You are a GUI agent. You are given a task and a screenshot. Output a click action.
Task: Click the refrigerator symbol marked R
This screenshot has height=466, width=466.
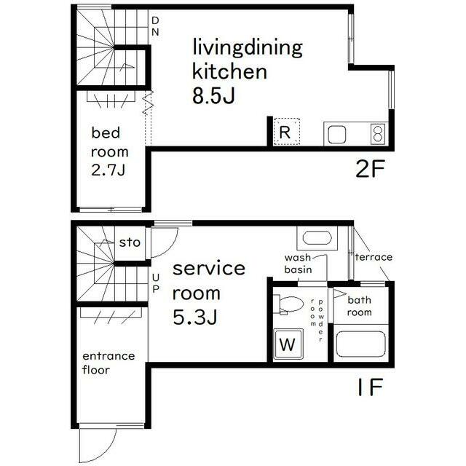pos(286,132)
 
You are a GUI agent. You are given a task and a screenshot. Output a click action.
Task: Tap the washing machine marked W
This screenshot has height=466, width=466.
pos(288,344)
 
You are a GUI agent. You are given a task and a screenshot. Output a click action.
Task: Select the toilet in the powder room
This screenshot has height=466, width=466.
pos(288,304)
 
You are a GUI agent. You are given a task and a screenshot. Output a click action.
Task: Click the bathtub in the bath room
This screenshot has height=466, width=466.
pos(361,344)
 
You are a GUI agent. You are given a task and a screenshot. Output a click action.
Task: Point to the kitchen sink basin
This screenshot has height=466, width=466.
pos(336,135)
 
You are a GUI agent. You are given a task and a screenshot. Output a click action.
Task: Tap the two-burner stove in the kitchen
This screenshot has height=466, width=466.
pos(378,134)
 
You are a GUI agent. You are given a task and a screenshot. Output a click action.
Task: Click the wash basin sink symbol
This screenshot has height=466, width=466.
pos(317,238)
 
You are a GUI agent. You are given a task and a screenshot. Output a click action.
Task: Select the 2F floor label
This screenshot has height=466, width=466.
pos(370,168)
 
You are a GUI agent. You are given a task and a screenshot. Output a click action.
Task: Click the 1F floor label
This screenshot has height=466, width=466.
pos(370,387)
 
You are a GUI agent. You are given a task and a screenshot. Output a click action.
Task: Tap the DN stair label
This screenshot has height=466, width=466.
pos(155,26)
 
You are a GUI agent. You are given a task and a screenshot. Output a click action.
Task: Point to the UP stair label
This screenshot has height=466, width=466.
pos(156,283)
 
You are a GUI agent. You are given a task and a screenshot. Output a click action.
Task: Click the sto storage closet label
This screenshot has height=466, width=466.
pos(130,242)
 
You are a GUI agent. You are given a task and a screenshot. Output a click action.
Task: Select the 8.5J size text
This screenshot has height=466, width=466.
pos(213,95)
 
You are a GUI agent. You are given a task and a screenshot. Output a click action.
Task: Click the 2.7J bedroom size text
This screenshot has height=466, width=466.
pos(108,170)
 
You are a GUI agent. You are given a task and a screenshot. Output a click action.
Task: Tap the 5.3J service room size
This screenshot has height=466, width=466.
pos(194,317)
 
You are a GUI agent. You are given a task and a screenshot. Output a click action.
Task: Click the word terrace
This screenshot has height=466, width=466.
pos(374,257)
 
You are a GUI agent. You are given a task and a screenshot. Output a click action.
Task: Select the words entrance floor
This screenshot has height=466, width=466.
pos(108,363)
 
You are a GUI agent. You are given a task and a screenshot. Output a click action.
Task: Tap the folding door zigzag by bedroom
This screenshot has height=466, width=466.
pos(148,103)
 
